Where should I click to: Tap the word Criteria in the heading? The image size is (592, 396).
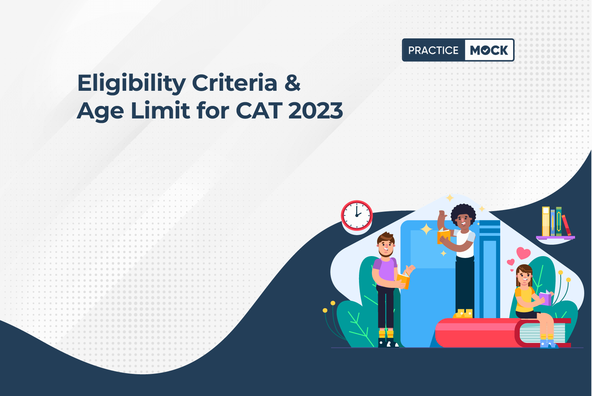(235, 83)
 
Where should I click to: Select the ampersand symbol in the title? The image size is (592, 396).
(293, 83)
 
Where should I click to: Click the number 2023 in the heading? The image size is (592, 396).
(316, 110)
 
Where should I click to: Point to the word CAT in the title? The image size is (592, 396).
(258, 110)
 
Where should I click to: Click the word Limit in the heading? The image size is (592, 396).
(160, 110)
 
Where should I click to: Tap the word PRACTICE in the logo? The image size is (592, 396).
(433, 50)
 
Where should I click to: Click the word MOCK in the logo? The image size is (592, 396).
(489, 50)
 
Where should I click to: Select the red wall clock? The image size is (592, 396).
(357, 216)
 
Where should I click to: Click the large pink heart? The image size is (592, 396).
(523, 253)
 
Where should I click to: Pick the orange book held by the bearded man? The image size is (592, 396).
(403, 281)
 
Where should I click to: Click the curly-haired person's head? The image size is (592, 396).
(463, 216)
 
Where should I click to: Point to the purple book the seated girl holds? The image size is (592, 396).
(545, 298)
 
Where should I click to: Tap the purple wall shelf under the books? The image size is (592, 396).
(556, 238)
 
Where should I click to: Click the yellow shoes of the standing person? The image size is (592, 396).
(463, 313)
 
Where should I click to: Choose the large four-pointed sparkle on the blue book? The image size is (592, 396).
(426, 229)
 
